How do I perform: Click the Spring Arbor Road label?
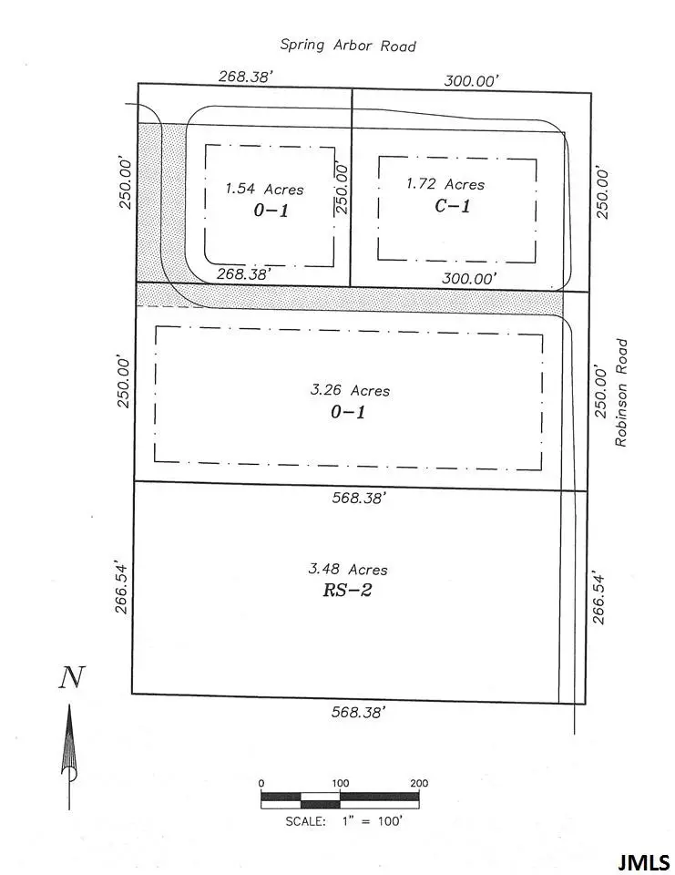pos(348,46)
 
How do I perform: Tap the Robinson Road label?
pos(622,393)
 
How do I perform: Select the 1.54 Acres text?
pos(265,189)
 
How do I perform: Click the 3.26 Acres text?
pos(350,390)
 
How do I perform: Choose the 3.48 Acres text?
pos(348,570)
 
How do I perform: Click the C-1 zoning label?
pos(452,206)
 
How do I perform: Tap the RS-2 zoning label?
pos(347,591)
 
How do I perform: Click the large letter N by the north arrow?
pos(72,679)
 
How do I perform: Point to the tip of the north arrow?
pos(69,707)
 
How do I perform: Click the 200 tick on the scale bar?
pos(419,783)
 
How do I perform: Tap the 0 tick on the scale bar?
pos(261,783)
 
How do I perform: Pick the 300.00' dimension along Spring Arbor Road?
pos(471,81)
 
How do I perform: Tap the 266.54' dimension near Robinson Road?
pos(598,598)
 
